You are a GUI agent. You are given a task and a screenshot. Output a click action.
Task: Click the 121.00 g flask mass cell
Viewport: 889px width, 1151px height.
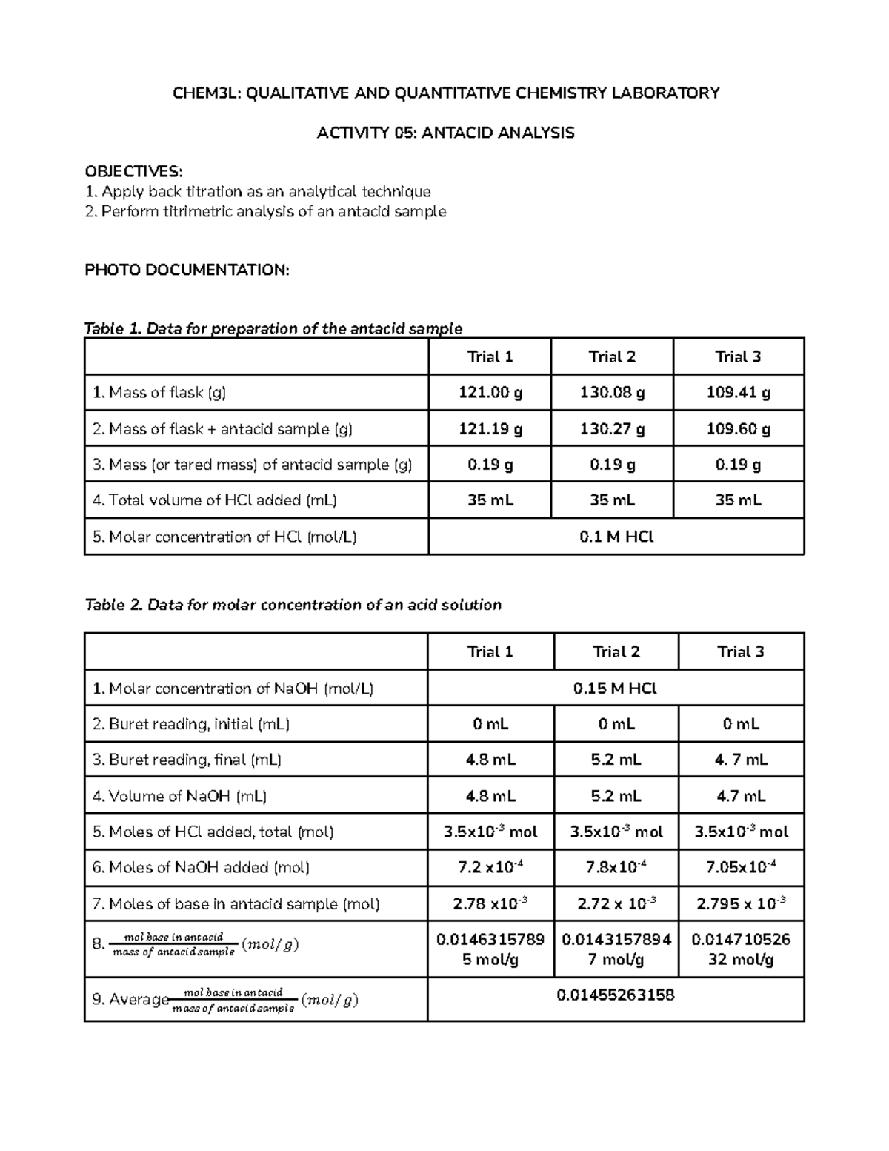pyautogui.click(x=490, y=393)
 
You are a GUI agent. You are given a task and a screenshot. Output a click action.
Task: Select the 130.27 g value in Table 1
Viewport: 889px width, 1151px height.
pyautogui.click(x=612, y=429)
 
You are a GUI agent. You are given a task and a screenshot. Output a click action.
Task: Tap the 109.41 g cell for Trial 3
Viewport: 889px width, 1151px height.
pyautogui.click(x=739, y=393)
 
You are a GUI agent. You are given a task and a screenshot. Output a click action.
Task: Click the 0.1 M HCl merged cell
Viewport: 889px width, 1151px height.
pyautogui.click(x=616, y=537)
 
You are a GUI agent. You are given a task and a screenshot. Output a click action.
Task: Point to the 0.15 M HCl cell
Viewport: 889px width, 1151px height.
pyautogui.click(x=616, y=689)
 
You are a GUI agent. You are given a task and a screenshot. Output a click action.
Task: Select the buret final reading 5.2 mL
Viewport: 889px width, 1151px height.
pyautogui.click(x=616, y=760)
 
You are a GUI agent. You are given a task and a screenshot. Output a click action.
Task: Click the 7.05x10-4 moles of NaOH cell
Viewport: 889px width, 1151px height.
pyautogui.click(x=741, y=867)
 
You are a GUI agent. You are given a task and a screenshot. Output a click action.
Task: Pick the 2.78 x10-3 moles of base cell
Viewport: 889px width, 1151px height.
pyautogui.click(x=490, y=903)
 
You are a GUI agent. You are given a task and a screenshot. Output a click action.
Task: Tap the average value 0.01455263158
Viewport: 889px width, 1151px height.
pyautogui.click(x=616, y=995)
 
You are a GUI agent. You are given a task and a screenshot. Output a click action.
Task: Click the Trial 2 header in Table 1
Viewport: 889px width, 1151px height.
pyautogui.click(x=612, y=357)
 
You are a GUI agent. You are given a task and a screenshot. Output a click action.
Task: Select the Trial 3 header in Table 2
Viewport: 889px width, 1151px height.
pyautogui.click(x=741, y=652)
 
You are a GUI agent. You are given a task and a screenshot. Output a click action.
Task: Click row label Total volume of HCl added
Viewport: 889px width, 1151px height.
pyautogui.click(x=215, y=500)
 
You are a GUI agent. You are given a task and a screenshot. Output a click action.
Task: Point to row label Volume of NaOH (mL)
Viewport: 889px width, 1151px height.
pyautogui.click(x=180, y=796)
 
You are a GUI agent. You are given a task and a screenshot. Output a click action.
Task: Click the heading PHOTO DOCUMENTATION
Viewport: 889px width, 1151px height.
pyautogui.click(x=187, y=270)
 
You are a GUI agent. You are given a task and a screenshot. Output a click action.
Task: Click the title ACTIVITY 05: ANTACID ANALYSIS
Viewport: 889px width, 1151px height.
pyautogui.click(x=445, y=133)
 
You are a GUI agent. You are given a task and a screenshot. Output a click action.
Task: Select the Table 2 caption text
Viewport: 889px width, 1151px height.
pyautogui.click(x=293, y=605)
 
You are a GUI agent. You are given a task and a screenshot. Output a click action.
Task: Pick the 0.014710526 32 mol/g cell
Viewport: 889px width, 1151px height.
pyautogui.click(x=741, y=949)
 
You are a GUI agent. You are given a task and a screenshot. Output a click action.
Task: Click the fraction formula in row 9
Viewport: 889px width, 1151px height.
pyautogui.click(x=233, y=1001)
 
